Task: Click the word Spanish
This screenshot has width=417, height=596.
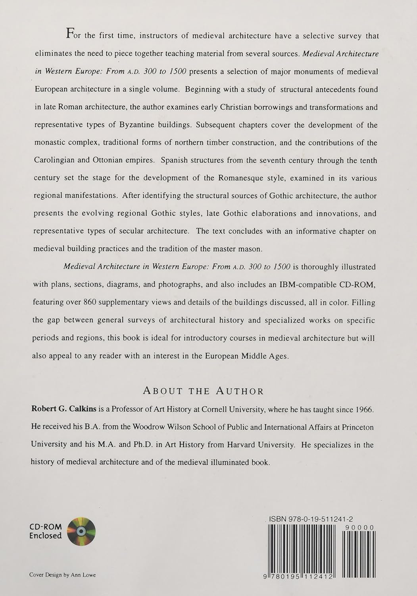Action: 175,161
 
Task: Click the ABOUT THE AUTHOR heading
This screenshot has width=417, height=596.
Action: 203,391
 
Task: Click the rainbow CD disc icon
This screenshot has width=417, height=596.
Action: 81,531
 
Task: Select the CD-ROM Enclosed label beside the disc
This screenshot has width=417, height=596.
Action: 46,531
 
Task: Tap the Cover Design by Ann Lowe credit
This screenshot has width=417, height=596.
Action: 63,575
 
